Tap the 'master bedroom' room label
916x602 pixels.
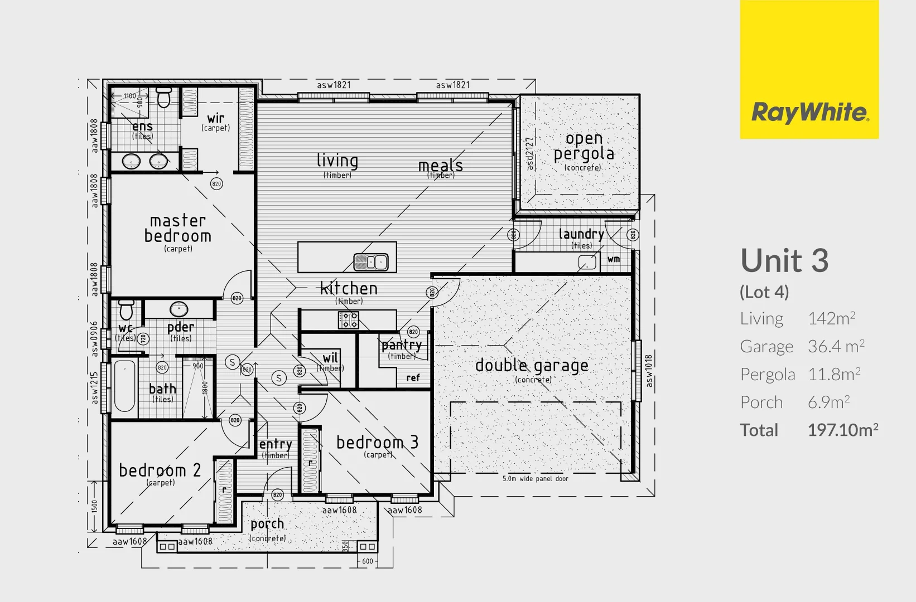178,229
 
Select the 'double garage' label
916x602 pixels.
532,366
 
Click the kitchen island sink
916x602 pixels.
371,261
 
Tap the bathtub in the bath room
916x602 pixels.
124,385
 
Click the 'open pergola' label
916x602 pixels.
584,146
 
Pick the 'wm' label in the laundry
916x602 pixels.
614,259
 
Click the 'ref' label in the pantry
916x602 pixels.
413,378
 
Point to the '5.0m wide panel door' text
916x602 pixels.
535,479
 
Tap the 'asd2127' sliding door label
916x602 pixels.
529,154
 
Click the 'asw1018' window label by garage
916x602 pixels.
649,371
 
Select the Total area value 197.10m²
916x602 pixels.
842,430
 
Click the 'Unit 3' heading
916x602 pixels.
784,261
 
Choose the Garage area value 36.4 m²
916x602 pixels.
836,347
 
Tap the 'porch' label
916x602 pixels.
267,524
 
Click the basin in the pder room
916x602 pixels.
179,308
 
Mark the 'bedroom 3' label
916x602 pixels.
377,443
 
